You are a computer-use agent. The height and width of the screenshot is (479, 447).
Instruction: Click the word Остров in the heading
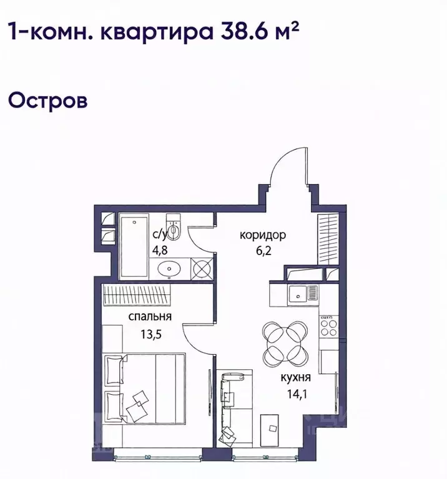(x=46, y=100)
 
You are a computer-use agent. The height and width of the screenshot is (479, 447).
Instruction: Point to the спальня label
(x=150, y=317)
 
